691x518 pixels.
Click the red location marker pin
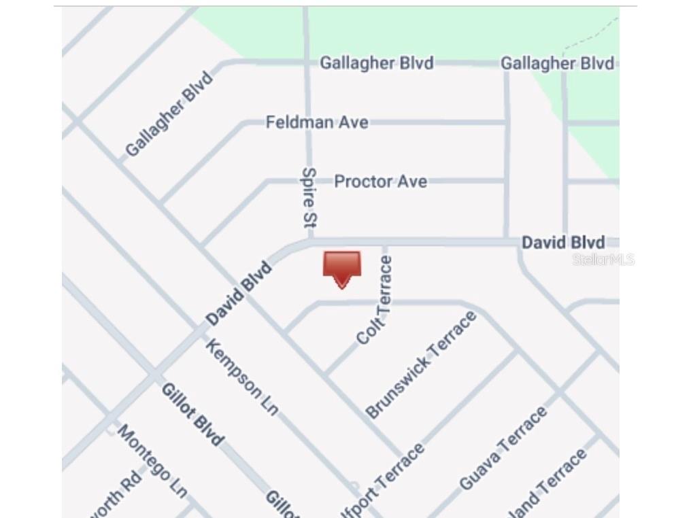click(341, 268)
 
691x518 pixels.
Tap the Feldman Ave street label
click(317, 122)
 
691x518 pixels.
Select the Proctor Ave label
click(380, 182)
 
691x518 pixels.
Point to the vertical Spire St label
click(309, 197)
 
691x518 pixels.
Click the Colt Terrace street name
click(375, 300)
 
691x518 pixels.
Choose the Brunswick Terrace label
click(420, 364)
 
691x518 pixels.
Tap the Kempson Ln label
click(241, 377)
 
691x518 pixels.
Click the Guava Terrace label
click(503, 448)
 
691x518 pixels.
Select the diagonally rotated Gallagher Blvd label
click(169, 114)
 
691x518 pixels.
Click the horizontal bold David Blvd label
click(562, 243)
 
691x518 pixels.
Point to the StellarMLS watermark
click(603, 259)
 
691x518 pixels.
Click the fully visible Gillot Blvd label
click(192, 414)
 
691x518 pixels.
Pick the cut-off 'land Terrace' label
click(551, 482)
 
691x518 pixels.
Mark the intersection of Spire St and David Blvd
click(309, 241)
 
